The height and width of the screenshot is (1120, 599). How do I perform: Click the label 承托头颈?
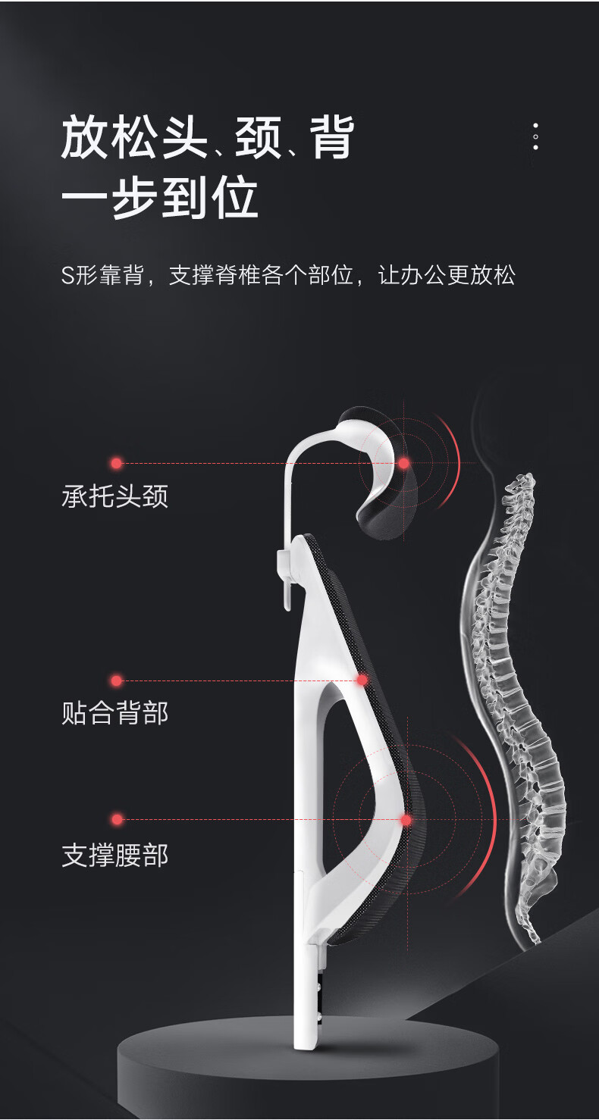click(x=114, y=496)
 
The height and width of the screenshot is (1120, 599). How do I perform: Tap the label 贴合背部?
click(x=114, y=713)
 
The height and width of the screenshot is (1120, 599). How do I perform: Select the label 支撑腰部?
click(x=114, y=856)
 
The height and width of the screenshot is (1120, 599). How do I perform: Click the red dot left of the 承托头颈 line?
click(x=116, y=463)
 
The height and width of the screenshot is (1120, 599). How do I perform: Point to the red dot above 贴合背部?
click(x=116, y=680)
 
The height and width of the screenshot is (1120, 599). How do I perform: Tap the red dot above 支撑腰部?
click(x=117, y=819)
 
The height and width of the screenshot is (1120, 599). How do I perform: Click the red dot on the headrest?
click(x=404, y=462)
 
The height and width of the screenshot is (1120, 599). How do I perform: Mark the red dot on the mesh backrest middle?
click(x=362, y=680)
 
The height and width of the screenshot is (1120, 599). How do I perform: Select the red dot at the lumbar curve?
click(x=406, y=820)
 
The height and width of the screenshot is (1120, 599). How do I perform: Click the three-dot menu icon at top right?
click(x=535, y=136)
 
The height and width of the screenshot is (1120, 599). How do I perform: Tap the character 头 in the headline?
click(x=183, y=138)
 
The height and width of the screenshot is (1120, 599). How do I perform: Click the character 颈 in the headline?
click(x=258, y=138)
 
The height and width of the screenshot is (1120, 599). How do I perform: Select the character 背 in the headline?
click(x=331, y=138)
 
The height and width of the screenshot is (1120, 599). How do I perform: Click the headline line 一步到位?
click(x=159, y=199)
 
